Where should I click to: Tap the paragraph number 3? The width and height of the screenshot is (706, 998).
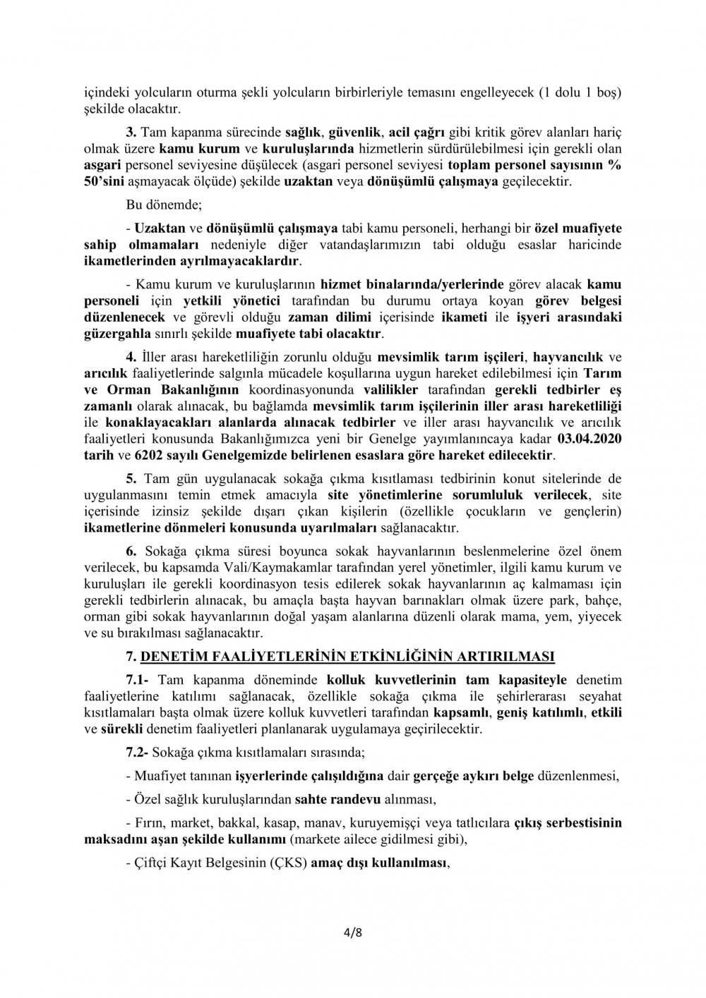point(130,131)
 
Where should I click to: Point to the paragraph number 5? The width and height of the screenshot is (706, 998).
point(130,480)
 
